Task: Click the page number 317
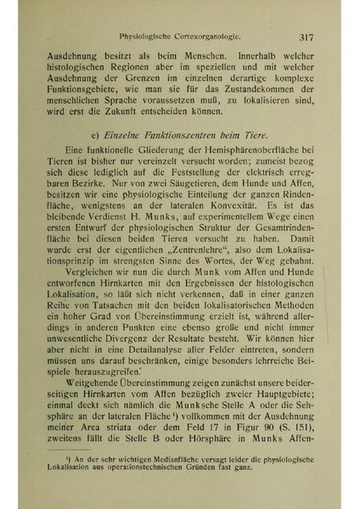(308, 37)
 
